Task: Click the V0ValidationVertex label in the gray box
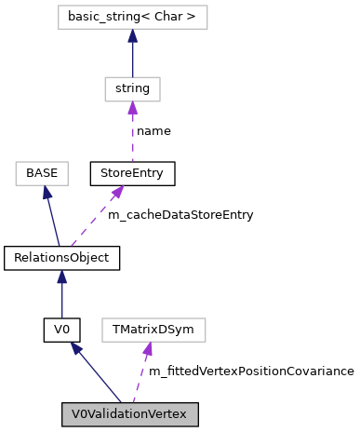129,414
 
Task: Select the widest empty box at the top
132,18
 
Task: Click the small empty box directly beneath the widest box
132,89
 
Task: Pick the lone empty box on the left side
42,174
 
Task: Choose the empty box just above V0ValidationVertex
153,331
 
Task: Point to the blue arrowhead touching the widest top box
132,36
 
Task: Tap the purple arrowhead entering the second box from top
132,108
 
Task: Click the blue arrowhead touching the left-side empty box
46,192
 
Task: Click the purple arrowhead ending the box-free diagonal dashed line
118,192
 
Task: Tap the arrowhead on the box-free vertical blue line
61,277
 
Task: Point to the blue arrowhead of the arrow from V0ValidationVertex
76,348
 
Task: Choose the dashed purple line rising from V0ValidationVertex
140,377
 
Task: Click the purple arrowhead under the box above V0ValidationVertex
147,349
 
